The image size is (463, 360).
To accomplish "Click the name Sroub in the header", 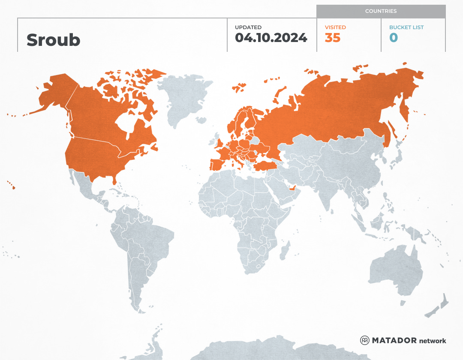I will coord(53,40).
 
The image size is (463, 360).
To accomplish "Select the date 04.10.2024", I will coord(271,38).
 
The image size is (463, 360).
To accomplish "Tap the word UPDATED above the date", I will coord(248,27).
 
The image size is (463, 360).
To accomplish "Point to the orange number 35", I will coord(333,38).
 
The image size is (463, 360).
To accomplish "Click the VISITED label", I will coord(335,27).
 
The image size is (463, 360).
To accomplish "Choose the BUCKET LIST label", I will coord(406,27).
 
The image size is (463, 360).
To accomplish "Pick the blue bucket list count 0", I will coord(394,38).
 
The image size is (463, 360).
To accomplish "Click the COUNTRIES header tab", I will coord(381,11).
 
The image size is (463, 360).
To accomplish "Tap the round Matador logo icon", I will coord(365,340).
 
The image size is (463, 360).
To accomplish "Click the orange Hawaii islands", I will coord(13,187).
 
